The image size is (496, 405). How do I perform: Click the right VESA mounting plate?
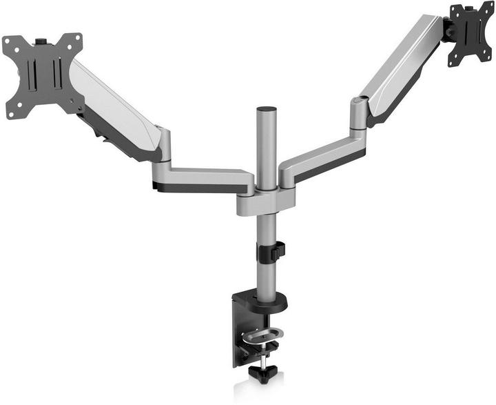(x=471, y=33)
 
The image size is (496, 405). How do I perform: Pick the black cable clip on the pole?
(x=272, y=251)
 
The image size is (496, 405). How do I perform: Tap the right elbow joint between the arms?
(x=359, y=114)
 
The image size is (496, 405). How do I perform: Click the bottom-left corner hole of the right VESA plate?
(x=451, y=63)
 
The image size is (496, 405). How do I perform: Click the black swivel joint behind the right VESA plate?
(x=446, y=28)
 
